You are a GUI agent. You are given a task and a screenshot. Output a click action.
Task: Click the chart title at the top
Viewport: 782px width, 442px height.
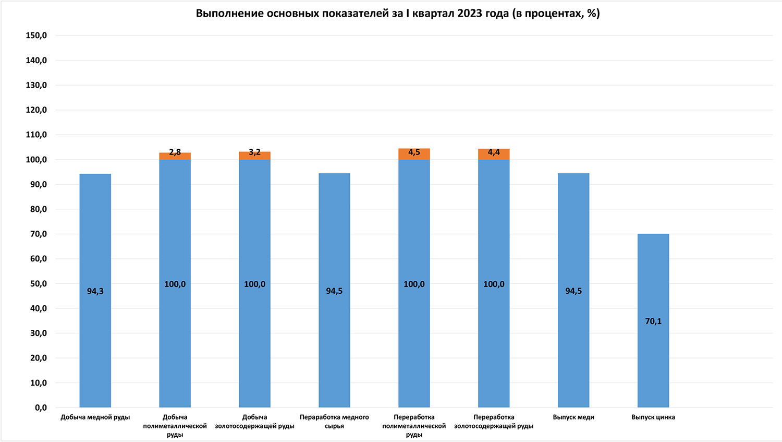coord(398,14)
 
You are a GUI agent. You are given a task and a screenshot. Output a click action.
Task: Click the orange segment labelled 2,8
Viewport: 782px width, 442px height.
coord(175,156)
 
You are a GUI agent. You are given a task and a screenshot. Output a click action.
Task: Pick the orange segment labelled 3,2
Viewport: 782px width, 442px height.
coord(255,156)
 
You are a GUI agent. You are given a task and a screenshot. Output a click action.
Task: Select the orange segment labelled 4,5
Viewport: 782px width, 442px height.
coord(414,154)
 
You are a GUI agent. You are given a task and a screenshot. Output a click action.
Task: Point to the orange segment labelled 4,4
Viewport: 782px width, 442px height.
coord(494,154)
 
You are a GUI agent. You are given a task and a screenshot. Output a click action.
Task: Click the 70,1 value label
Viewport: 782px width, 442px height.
coord(653,321)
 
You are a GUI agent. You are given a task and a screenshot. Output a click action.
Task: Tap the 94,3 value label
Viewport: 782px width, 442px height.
coord(95,291)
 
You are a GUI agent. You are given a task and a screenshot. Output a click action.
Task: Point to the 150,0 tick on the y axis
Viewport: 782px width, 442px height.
coord(36,35)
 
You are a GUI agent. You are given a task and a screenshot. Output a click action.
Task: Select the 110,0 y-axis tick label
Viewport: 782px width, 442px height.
coord(36,135)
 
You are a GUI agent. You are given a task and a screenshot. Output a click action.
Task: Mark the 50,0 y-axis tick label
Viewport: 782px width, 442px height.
coord(38,284)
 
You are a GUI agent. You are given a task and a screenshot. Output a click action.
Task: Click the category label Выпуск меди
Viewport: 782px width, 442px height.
coord(573,417)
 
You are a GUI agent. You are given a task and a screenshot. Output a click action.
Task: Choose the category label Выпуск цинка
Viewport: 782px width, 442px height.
coord(653,417)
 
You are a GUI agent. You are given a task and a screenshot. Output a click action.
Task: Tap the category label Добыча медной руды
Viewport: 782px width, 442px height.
coord(95,417)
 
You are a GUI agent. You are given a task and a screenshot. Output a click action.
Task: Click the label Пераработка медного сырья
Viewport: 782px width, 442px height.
coord(334,422)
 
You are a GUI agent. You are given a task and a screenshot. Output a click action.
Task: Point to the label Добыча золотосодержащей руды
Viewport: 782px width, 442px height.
coord(255,422)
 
